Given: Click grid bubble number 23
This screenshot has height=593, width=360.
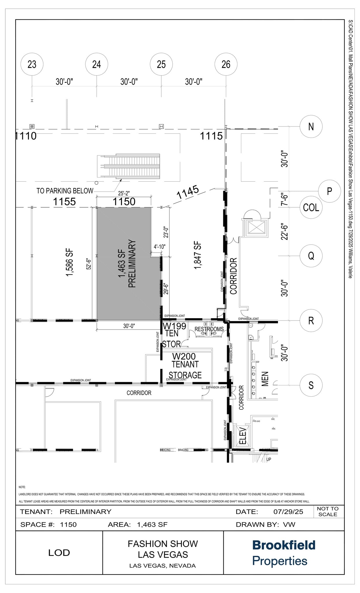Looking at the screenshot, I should pos(32,64).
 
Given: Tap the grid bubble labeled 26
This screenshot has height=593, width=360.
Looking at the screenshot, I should pos(226,64).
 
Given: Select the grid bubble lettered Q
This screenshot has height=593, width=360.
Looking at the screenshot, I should pos(311,256).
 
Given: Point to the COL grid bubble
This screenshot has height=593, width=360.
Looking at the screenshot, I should pos(311,208).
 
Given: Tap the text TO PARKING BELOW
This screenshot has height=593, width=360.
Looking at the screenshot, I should pos(65,191).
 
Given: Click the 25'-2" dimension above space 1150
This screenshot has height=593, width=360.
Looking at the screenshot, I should pos(124,193).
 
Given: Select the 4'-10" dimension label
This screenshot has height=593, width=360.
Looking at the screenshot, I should pos(159,247).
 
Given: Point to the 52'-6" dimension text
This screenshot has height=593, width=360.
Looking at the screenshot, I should pos(89,264).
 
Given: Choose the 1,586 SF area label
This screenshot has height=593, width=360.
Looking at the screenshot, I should pos(70,262).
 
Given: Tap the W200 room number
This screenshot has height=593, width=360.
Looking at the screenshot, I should pos(184,356).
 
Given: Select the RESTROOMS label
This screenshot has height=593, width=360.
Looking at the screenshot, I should pos(209,329).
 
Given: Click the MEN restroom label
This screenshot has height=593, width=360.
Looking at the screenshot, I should pos(265,379).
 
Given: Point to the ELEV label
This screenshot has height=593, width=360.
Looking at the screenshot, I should pos(243,436).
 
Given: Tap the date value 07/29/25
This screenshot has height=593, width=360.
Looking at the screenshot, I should pos(288,512).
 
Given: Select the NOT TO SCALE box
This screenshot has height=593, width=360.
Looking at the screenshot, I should pos(328,511).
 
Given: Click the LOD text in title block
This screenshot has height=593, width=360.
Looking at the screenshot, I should pos(59,552).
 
